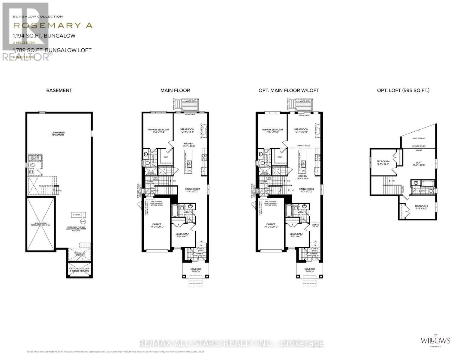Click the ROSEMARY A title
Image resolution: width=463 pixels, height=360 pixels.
(53, 25)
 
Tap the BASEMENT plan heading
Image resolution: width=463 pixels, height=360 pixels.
(59, 90)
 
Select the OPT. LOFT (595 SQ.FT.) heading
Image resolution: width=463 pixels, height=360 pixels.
(403, 90)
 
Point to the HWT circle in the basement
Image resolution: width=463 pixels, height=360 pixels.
(83, 221)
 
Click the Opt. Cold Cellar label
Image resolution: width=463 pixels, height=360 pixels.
(79, 270)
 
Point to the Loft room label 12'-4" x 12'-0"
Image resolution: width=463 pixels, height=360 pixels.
(419, 164)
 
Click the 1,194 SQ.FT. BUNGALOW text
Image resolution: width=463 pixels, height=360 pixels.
(44, 36)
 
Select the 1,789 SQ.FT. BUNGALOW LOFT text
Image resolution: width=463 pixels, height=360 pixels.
(52, 50)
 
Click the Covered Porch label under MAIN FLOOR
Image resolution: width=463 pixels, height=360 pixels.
(196, 270)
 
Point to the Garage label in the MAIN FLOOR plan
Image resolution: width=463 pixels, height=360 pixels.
(157, 226)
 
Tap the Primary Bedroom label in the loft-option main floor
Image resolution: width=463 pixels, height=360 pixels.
(272, 131)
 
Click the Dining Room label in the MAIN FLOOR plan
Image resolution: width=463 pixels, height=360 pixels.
(192, 190)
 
